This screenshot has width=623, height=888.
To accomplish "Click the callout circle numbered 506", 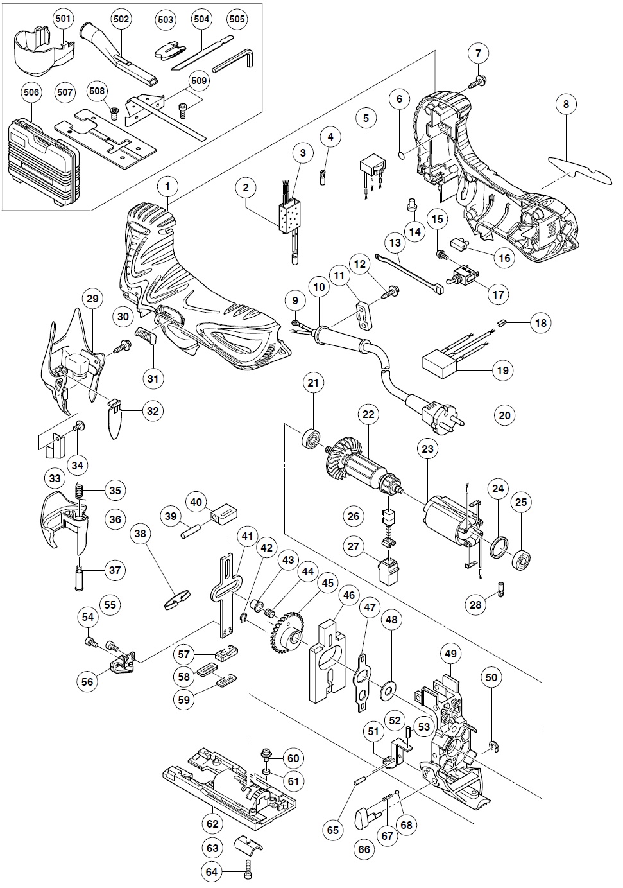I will [x=31, y=92].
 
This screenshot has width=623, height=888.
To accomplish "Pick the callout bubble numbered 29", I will [x=93, y=299].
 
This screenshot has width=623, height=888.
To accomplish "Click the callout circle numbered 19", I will [x=502, y=370].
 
